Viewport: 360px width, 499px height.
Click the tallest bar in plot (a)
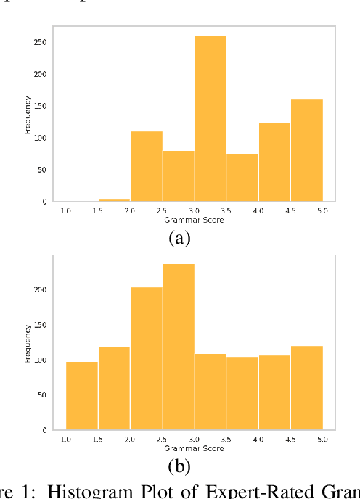[x=210, y=118]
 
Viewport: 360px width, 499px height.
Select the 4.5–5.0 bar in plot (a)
[x=306, y=150]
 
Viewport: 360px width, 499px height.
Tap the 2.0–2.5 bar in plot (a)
[x=147, y=166]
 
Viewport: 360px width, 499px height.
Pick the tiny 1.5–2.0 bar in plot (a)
[x=115, y=200]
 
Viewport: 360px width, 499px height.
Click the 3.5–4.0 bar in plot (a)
[x=242, y=178]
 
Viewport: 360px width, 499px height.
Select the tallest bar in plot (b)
[x=179, y=347]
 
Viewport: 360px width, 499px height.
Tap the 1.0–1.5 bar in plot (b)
[x=82, y=395]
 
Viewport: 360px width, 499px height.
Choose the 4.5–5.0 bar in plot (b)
[x=306, y=387]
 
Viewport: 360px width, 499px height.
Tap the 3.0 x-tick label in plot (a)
[x=195, y=210]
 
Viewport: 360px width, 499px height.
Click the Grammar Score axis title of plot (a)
[x=194, y=218]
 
